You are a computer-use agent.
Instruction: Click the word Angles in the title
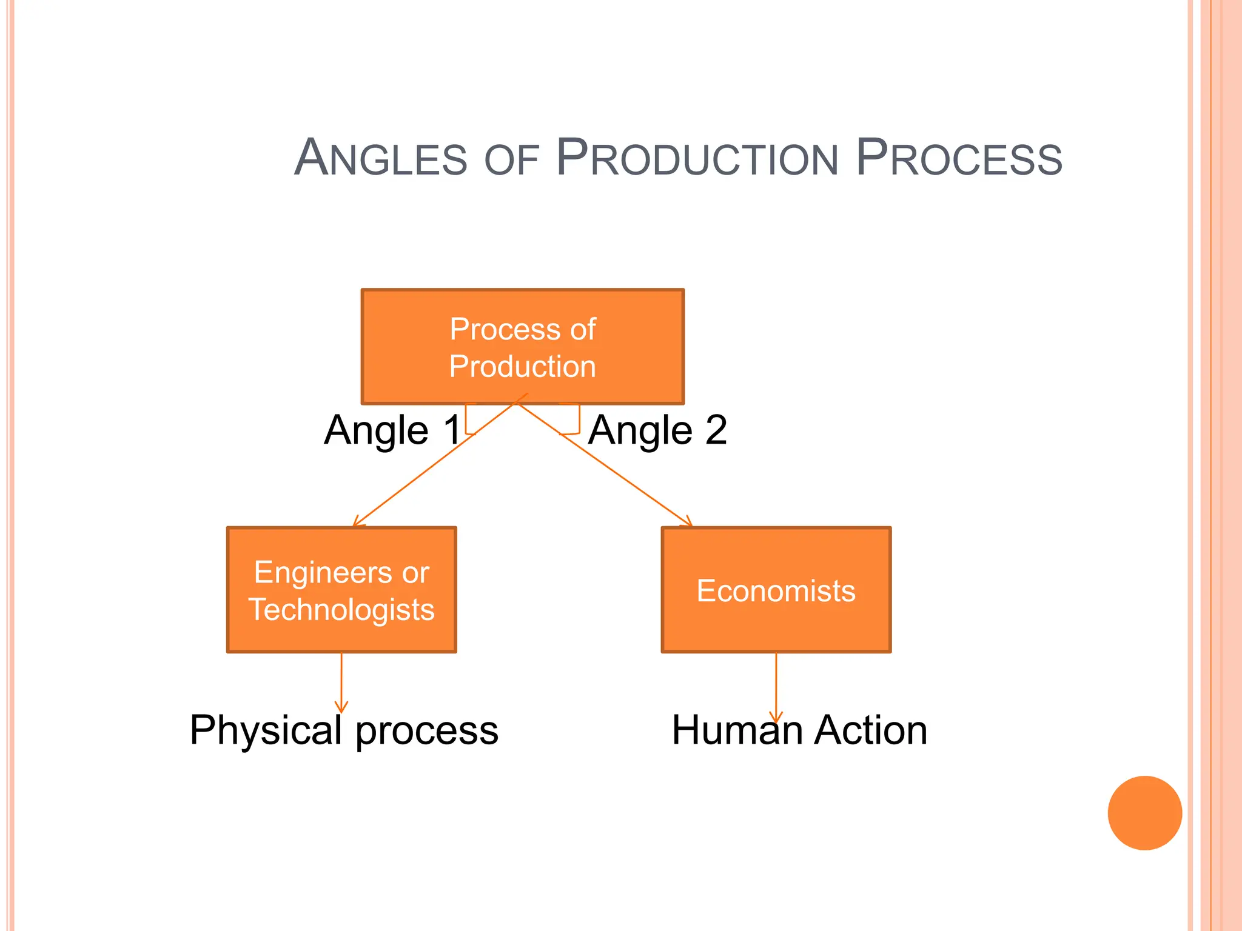click(381, 158)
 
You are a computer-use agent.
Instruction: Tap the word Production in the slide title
click(697, 158)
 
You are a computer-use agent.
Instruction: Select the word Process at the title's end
click(959, 158)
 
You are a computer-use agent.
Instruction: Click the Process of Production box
click(522, 347)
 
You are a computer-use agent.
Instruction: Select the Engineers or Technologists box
click(341, 590)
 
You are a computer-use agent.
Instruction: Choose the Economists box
click(776, 590)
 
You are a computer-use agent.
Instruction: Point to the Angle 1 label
click(392, 430)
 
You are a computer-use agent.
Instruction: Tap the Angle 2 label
click(657, 430)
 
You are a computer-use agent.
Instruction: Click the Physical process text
click(343, 730)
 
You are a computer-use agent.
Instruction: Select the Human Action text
click(799, 730)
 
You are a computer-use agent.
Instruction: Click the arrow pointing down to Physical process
click(341, 682)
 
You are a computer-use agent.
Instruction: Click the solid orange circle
click(1144, 813)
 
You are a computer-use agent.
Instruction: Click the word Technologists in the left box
click(341, 609)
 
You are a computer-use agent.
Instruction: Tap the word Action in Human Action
click(870, 730)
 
